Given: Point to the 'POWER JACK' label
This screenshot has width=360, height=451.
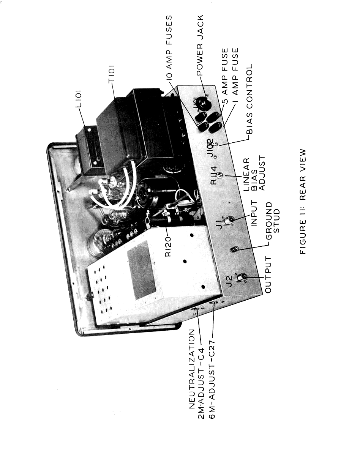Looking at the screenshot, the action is point(200,45).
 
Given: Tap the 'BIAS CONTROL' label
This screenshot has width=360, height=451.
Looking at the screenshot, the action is point(249,99).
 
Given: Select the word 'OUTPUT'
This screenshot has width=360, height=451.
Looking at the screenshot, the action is point(268,275).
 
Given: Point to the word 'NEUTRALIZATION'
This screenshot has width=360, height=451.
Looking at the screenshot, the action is point(192,369).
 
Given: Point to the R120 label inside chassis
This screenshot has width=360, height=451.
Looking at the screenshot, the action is point(168,246).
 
